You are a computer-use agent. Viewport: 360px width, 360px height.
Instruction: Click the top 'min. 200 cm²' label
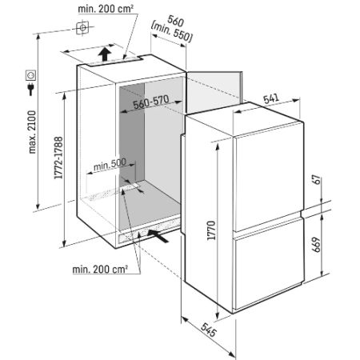pyautogui.click(x=106, y=9)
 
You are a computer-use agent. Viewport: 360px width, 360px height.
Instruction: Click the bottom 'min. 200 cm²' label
pyautogui.click(x=100, y=270)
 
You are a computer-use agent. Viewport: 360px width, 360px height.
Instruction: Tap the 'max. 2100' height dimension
pyautogui.click(x=32, y=132)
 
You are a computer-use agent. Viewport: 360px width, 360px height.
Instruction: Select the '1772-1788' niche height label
pyautogui.click(x=58, y=158)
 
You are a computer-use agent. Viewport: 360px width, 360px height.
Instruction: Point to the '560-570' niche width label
pyautogui.click(x=151, y=102)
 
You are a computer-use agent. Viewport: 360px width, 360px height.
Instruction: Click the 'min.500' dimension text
pyautogui.click(x=110, y=165)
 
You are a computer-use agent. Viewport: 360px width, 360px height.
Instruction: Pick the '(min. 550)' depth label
pyautogui.click(x=172, y=33)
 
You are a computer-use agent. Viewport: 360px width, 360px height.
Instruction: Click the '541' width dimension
pyautogui.click(x=271, y=98)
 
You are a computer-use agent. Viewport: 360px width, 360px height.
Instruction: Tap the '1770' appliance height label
pyautogui.click(x=211, y=230)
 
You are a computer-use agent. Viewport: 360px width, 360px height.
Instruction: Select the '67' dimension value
pyautogui.click(x=316, y=179)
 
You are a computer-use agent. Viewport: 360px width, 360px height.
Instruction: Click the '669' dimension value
pyautogui.click(x=316, y=245)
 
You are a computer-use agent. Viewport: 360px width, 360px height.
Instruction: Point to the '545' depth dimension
pyautogui.click(x=209, y=330)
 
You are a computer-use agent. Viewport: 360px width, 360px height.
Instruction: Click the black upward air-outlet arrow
pyautogui.click(x=104, y=54)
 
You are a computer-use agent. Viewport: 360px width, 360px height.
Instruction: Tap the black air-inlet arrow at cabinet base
pyautogui.click(x=158, y=236)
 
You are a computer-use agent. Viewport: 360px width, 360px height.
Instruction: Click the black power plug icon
pyautogui.click(x=31, y=89)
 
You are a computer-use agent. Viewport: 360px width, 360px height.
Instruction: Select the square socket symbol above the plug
pyautogui.click(x=31, y=75)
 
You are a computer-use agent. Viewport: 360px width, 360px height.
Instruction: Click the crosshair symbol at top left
pyautogui.click(x=82, y=28)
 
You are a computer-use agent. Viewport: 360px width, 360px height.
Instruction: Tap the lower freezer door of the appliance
pyautogui.click(x=269, y=270)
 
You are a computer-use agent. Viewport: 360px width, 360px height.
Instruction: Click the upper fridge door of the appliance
pyautogui.click(x=269, y=178)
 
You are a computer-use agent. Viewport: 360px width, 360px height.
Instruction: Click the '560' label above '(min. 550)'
pyautogui.click(x=175, y=21)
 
